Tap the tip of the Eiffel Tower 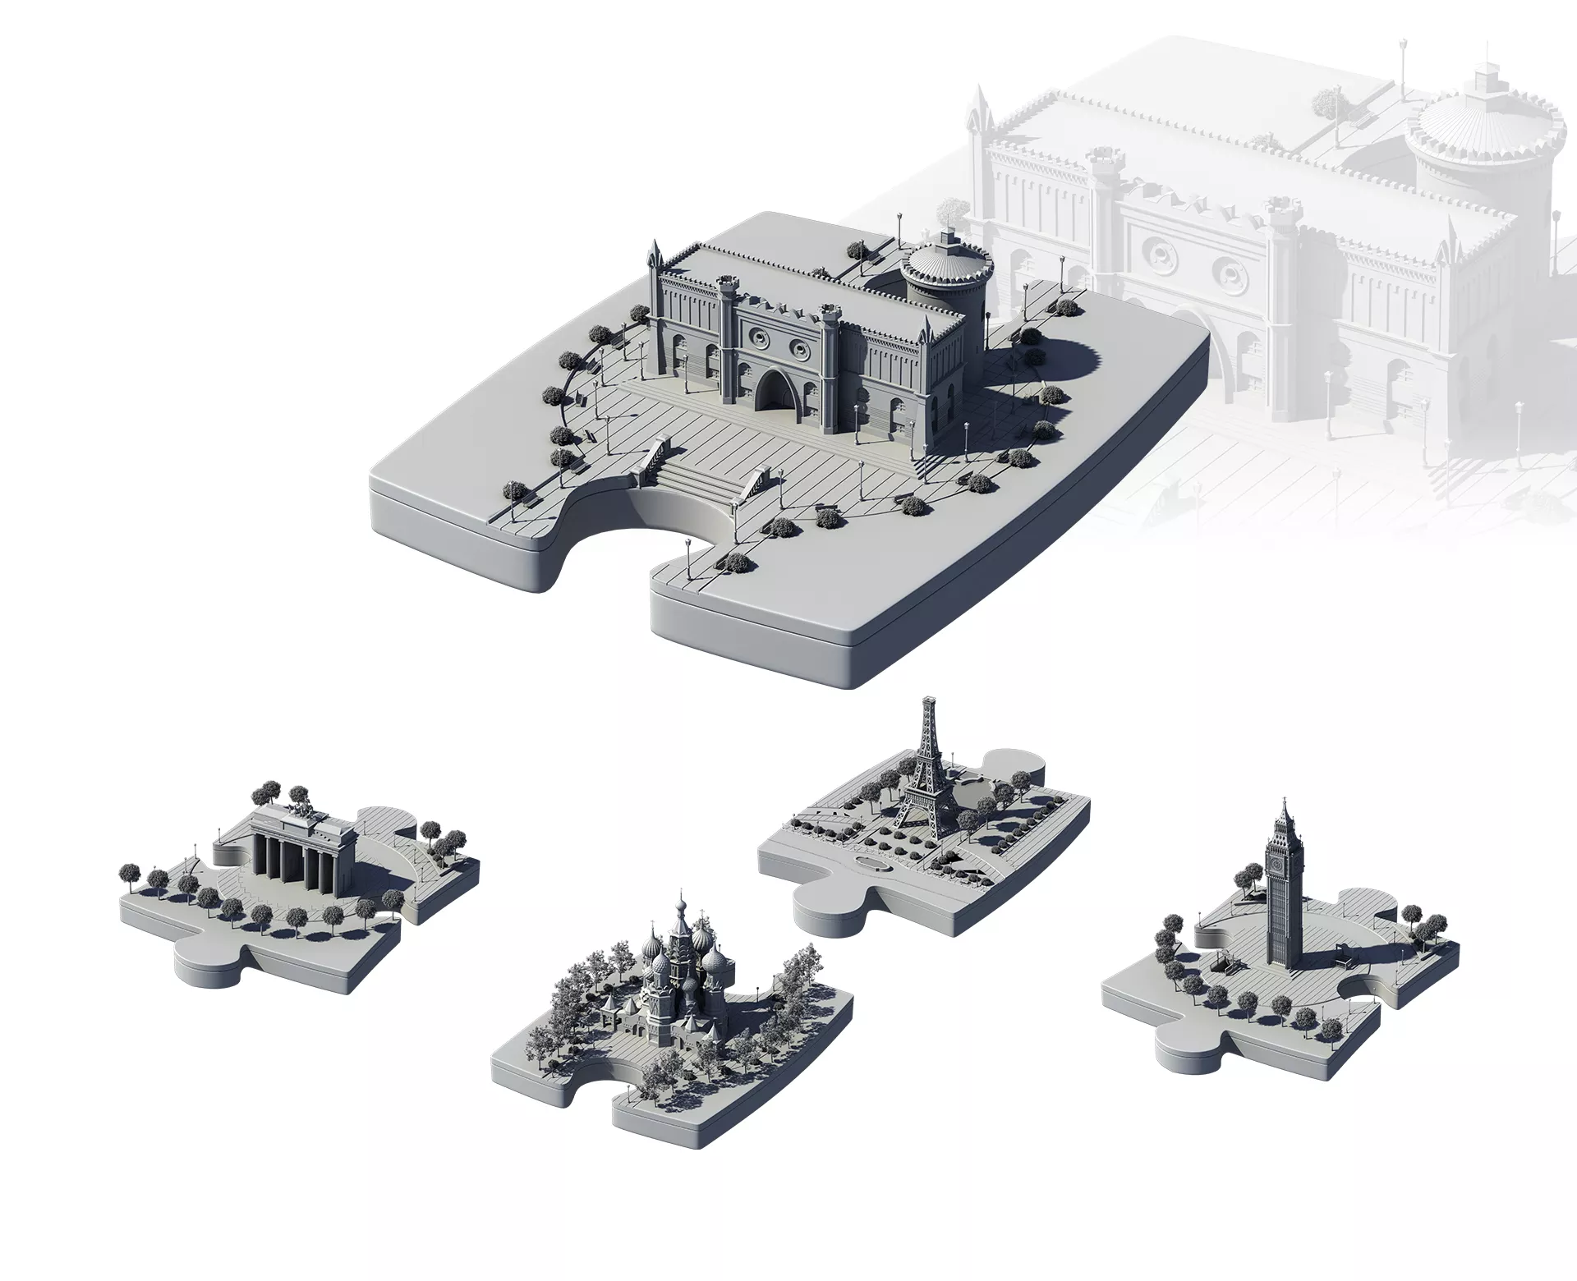coord(929,700)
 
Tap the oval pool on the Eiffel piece coord(873,864)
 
